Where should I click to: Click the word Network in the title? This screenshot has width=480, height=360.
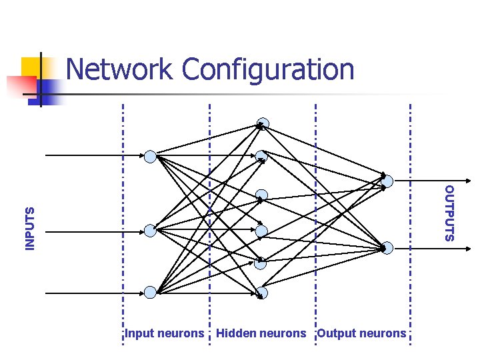pyautogui.click(x=121, y=69)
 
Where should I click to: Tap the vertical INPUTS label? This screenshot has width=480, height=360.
pyautogui.click(x=29, y=229)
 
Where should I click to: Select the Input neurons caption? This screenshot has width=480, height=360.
pyautogui.click(x=165, y=333)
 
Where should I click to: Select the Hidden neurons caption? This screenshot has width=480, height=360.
pyautogui.click(x=261, y=333)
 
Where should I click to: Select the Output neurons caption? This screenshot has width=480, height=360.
pyautogui.click(x=361, y=333)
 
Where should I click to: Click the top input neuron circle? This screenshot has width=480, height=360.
pyautogui.click(x=150, y=157)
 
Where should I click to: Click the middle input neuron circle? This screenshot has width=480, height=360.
pyautogui.click(x=150, y=231)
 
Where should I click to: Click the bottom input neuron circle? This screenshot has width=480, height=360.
pyautogui.click(x=150, y=292)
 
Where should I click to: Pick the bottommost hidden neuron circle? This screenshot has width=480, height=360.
pyautogui.click(x=262, y=293)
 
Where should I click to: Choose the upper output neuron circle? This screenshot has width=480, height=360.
pyautogui.click(x=387, y=180)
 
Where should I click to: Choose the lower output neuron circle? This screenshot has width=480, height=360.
pyautogui.click(x=387, y=248)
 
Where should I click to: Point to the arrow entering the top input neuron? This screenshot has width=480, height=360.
pyautogui.click(x=93, y=155)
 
